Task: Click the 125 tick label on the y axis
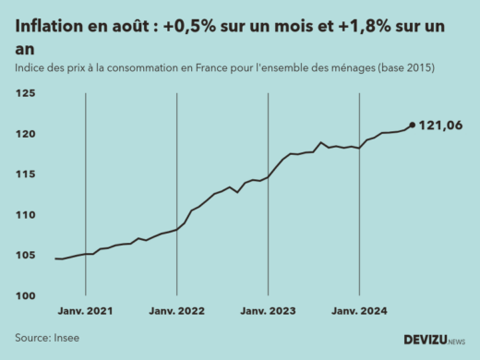click(x=26, y=94)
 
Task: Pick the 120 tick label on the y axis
click(x=26, y=135)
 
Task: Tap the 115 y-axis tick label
click(x=26, y=174)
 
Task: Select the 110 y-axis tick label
click(x=26, y=215)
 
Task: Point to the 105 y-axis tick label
click(x=26, y=256)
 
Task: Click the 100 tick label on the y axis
click(x=26, y=295)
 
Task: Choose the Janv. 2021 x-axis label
click(x=85, y=312)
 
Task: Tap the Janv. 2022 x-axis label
click(x=176, y=312)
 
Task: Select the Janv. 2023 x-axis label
click(x=268, y=312)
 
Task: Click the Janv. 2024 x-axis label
click(x=359, y=312)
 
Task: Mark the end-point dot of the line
click(x=412, y=126)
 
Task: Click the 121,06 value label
click(x=440, y=126)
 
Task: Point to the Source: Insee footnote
click(x=47, y=338)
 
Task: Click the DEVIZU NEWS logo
click(x=434, y=340)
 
